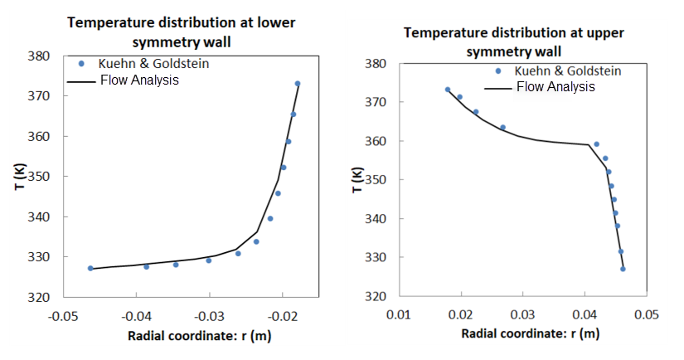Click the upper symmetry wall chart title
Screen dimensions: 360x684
(x=513, y=41)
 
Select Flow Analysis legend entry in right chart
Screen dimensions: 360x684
(x=555, y=86)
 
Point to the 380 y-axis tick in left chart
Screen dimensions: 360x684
(x=39, y=56)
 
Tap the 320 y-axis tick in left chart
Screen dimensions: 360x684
(x=39, y=297)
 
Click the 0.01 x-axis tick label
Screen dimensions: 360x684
(x=400, y=314)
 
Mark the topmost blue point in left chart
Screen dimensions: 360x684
(x=298, y=84)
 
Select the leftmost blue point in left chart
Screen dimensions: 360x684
(x=90, y=268)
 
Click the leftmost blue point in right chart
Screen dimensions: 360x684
(x=448, y=90)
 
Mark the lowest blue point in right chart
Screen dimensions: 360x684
(x=623, y=269)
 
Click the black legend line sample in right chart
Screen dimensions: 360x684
(x=497, y=86)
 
